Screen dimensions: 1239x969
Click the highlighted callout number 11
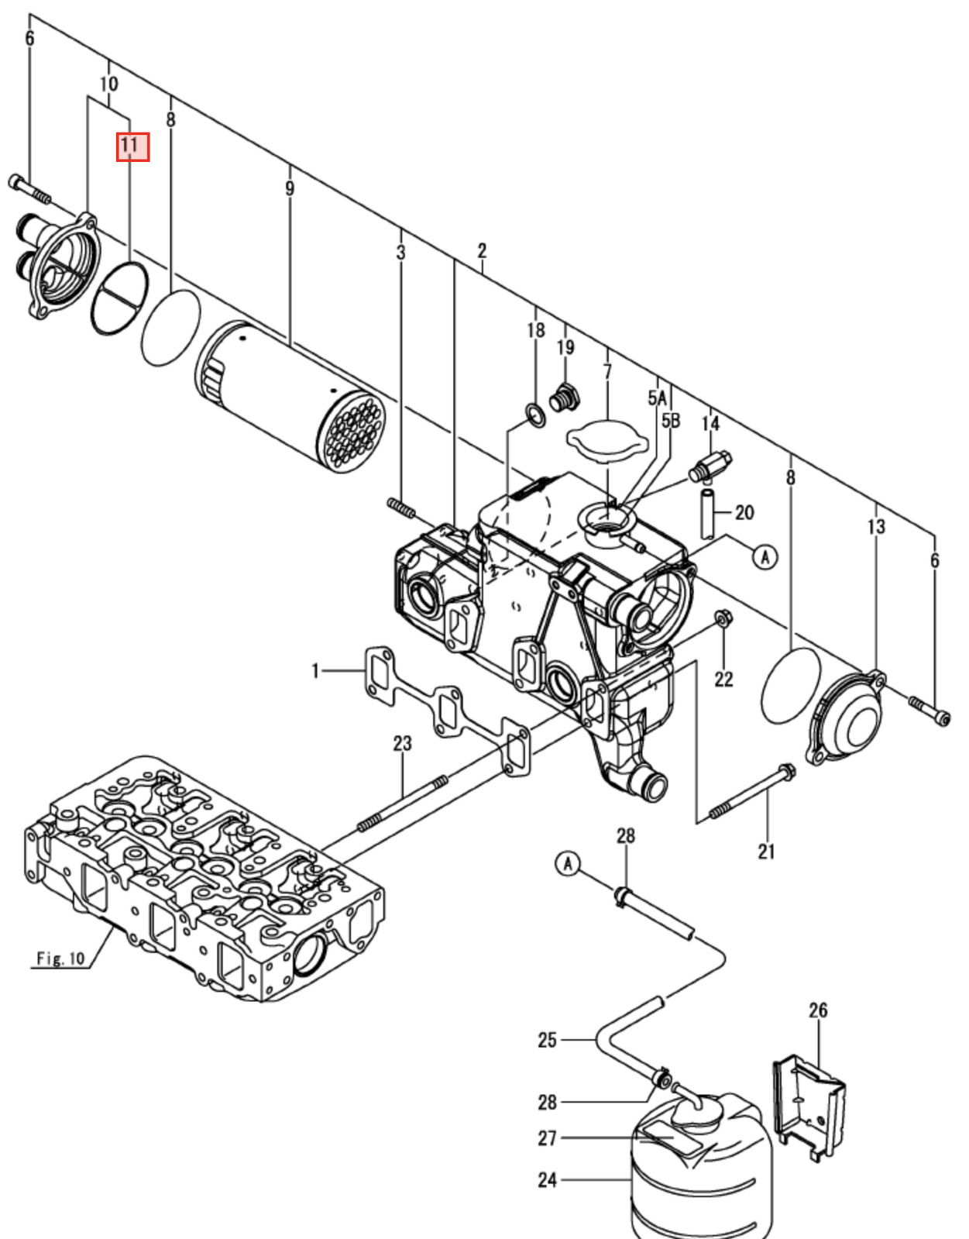tap(132, 146)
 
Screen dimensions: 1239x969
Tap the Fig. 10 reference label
tap(60, 959)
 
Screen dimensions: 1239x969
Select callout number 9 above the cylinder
tap(290, 188)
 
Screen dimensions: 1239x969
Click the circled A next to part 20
tap(765, 556)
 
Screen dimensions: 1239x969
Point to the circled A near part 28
tap(568, 862)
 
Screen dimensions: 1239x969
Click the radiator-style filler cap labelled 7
tap(606, 440)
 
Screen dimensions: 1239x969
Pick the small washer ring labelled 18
tap(535, 415)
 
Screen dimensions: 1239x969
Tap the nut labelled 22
tap(722, 618)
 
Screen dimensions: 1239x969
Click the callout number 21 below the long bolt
tap(766, 851)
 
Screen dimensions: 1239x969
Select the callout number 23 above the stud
tap(402, 743)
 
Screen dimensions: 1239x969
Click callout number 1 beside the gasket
tap(315, 670)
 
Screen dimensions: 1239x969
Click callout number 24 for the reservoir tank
tap(547, 1179)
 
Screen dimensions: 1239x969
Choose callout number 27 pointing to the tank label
tap(547, 1137)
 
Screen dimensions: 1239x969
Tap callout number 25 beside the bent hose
tap(547, 1040)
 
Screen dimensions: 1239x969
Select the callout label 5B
tap(671, 421)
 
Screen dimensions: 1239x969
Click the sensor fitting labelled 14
tap(710, 466)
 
